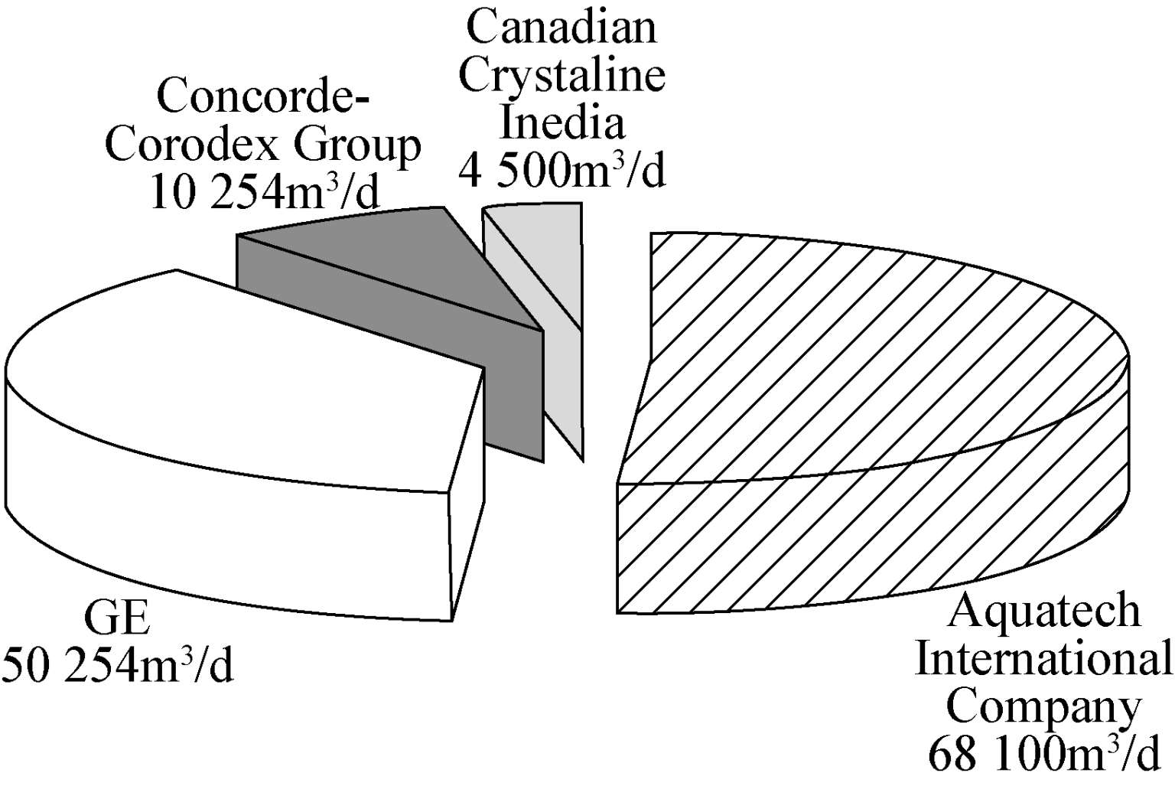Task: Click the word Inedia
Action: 561,122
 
